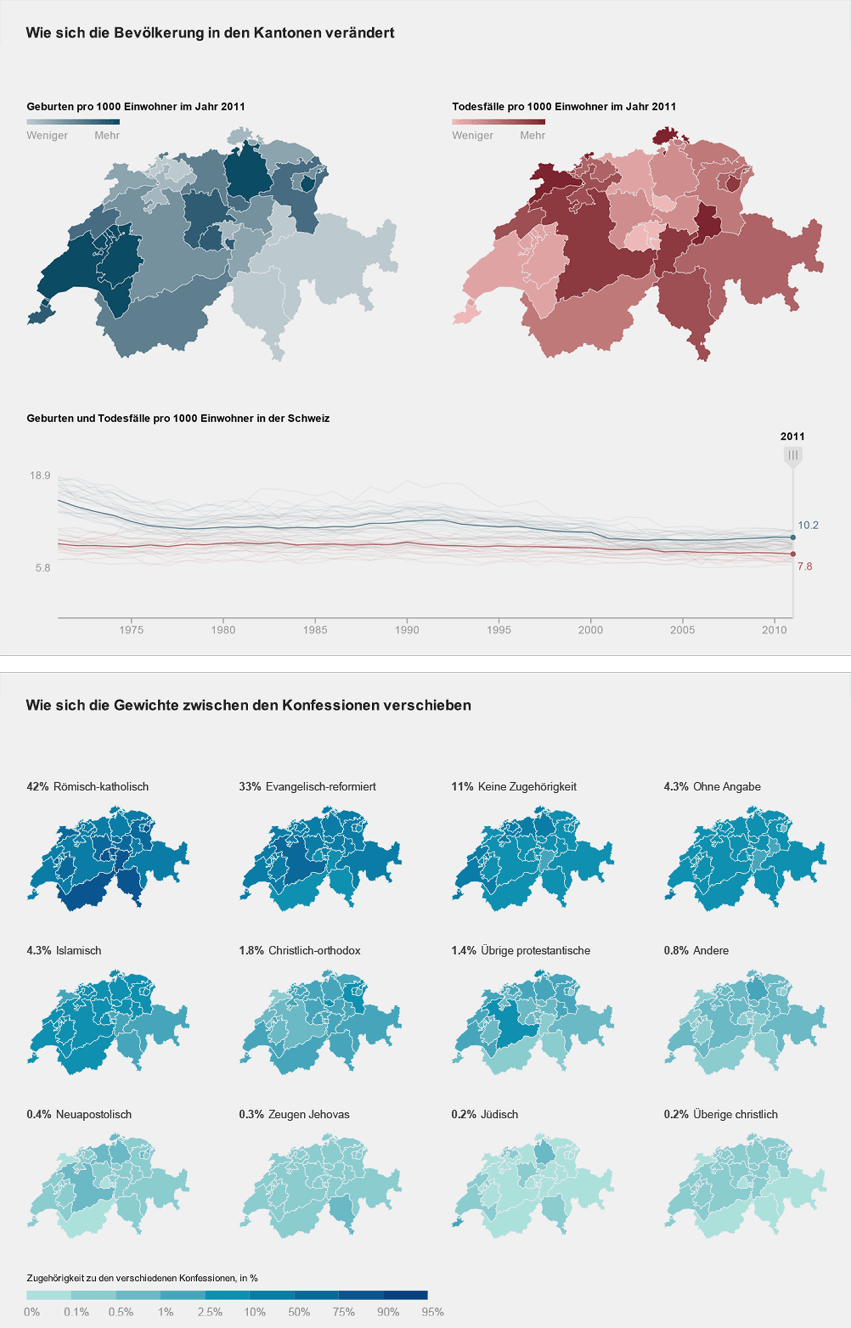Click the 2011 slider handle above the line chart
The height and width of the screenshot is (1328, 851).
(x=792, y=455)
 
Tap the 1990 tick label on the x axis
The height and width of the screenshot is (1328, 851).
(x=407, y=630)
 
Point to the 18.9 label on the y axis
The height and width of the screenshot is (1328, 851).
(x=40, y=476)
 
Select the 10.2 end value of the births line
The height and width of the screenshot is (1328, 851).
(x=808, y=525)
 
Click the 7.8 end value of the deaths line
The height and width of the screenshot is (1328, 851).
(x=805, y=567)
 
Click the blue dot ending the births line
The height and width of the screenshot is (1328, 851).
(x=793, y=538)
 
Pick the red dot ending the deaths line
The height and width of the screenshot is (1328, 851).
(x=793, y=554)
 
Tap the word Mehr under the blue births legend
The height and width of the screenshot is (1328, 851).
(x=107, y=135)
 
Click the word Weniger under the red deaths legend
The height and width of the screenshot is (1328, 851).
(x=472, y=135)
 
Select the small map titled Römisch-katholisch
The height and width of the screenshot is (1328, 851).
(x=108, y=857)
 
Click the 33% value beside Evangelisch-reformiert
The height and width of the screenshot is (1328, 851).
(x=249, y=787)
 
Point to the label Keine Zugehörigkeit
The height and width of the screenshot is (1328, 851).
(x=527, y=787)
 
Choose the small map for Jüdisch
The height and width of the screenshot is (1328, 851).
(x=532, y=1184)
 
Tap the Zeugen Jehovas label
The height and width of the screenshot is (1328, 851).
(x=308, y=1115)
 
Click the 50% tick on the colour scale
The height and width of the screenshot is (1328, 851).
(x=298, y=1312)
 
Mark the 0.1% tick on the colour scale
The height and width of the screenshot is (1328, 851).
(x=76, y=1312)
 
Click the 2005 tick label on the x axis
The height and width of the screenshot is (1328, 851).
(x=682, y=630)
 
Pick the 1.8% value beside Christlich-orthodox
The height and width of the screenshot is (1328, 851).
(x=251, y=951)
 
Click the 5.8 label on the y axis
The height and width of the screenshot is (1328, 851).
(x=43, y=568)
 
